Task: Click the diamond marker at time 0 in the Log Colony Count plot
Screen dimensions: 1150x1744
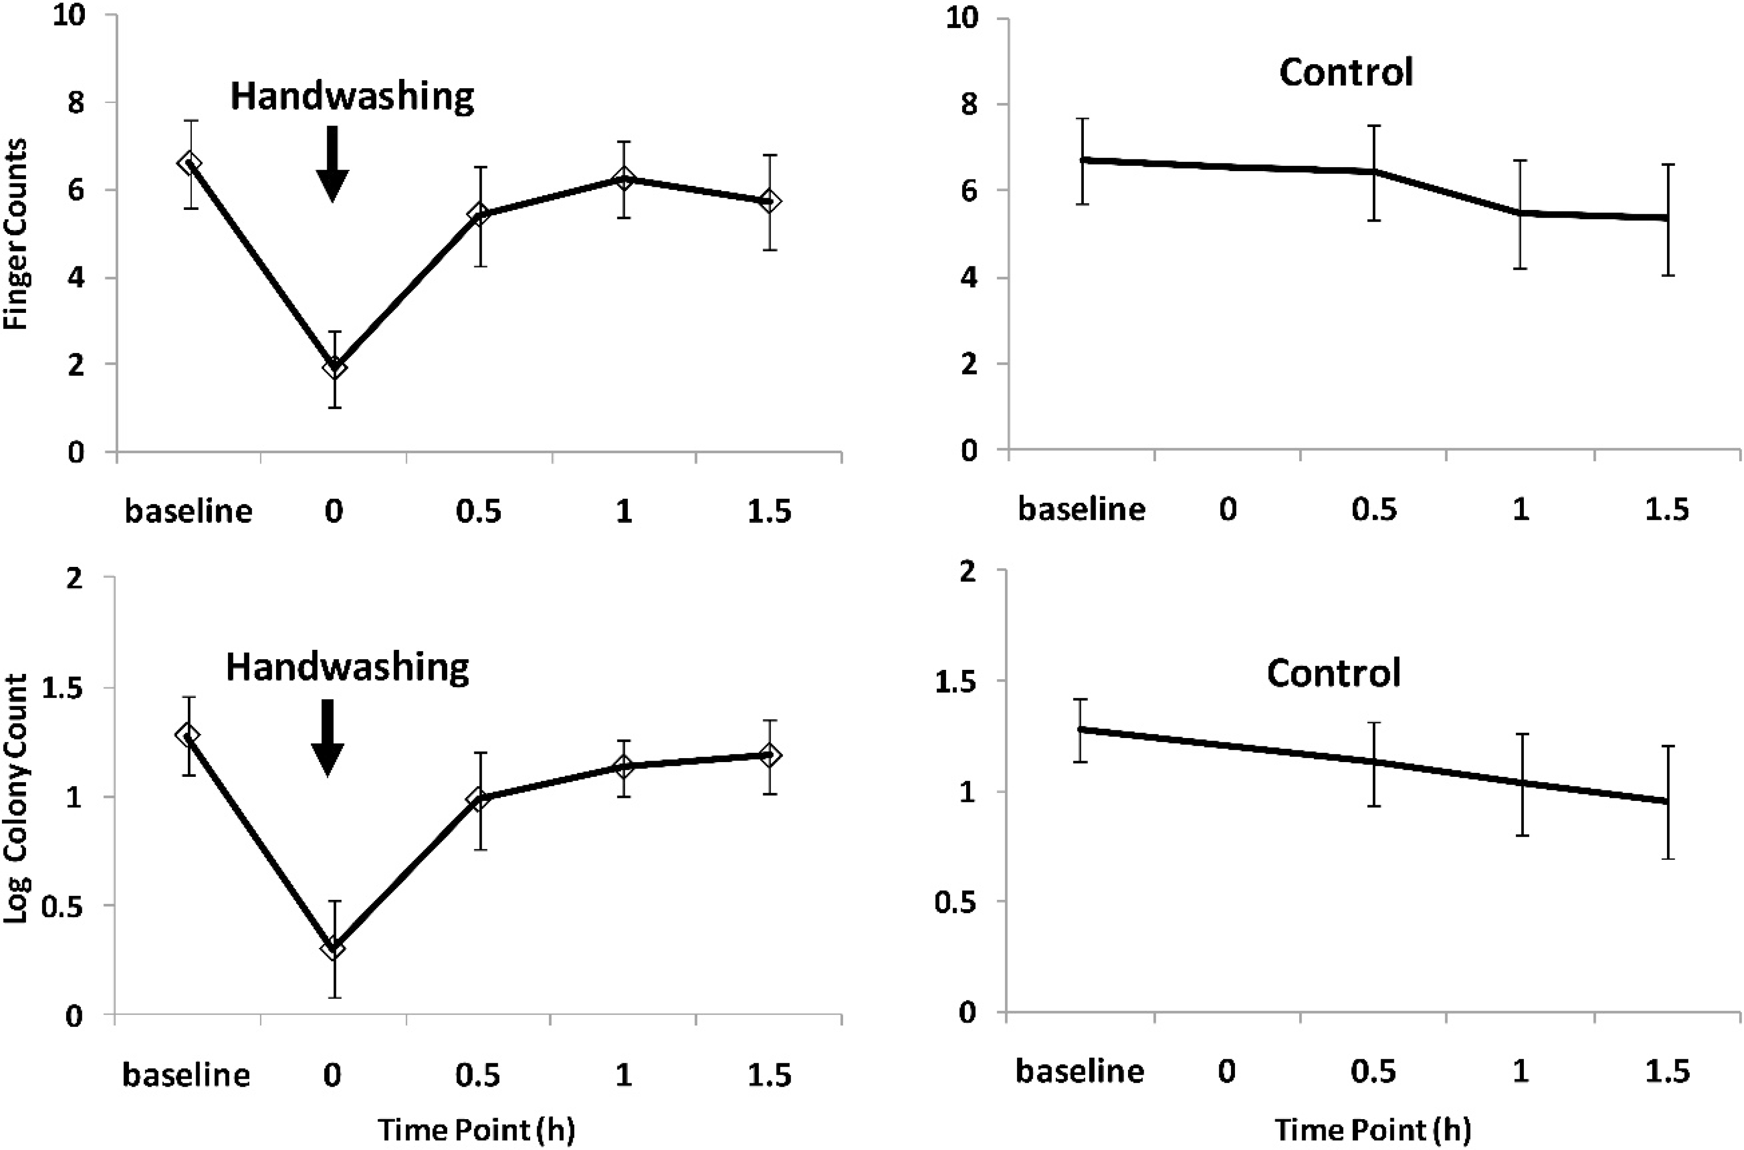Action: coord(333,947)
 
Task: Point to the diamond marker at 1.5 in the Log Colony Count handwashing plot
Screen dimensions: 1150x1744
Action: coord(769,755)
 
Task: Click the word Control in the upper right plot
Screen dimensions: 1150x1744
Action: coord(1346,72)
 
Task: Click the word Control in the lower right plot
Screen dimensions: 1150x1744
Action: coord(1334,673)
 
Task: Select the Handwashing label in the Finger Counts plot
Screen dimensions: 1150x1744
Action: coord(352,96)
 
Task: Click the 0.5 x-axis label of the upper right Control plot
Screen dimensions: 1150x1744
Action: coord(1374,509)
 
